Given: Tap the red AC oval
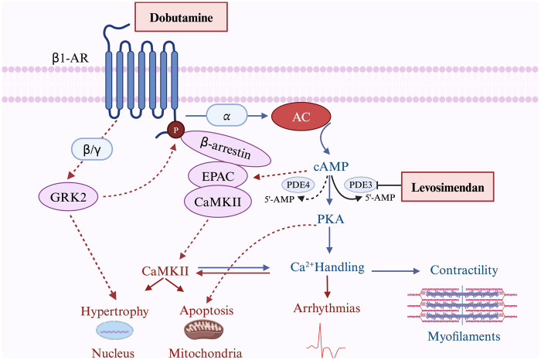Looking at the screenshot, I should click(x=299, y=115).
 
